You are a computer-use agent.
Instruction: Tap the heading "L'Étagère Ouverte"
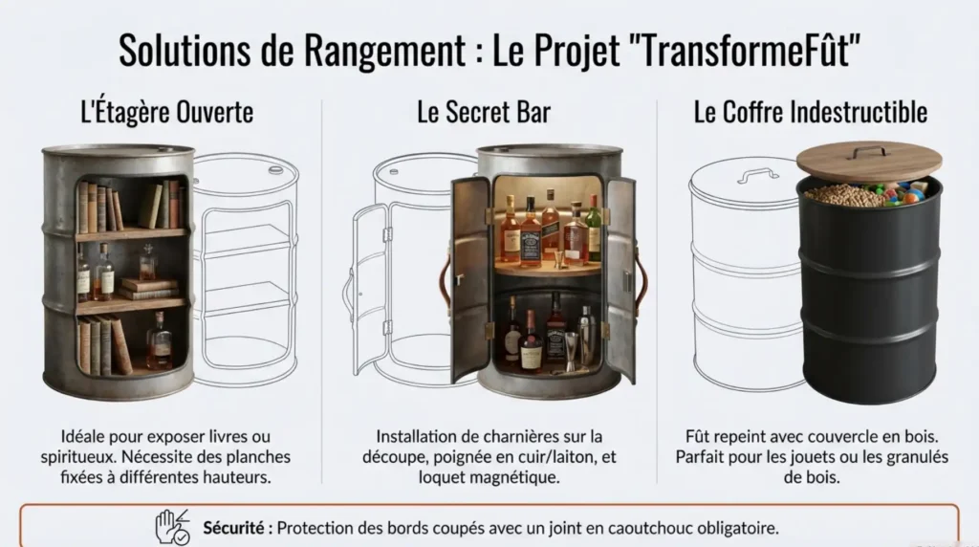166,112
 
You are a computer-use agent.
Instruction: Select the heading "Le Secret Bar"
484,112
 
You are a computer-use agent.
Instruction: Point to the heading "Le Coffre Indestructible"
810,112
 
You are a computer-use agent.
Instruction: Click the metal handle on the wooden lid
868,150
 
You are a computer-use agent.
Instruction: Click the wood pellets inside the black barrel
841,195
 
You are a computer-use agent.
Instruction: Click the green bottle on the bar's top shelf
594,230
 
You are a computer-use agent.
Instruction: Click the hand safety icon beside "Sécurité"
173,527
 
